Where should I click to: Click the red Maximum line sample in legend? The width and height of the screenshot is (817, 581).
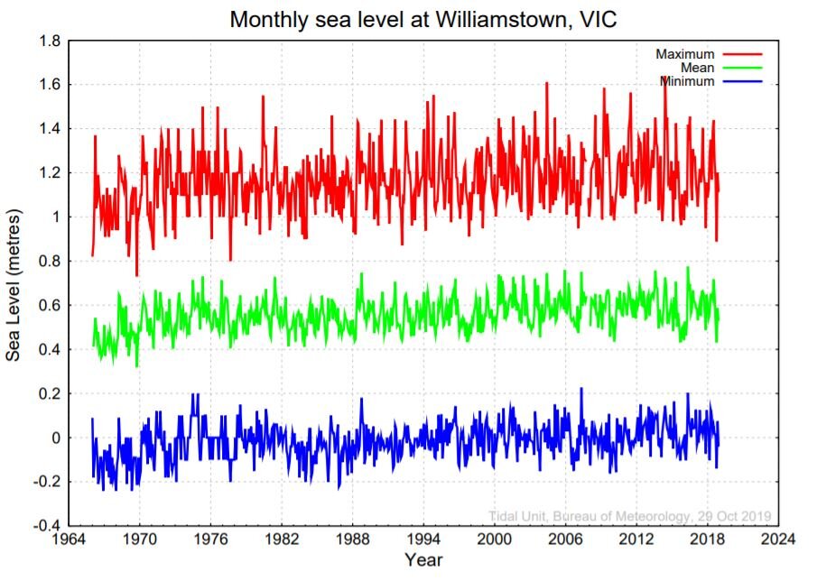tap(742, 54)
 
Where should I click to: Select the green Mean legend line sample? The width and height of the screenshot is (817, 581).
tap(742, 68)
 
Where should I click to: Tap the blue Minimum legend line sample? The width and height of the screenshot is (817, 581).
tap(742, 81)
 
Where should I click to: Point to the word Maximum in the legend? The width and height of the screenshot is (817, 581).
tap(684, 54)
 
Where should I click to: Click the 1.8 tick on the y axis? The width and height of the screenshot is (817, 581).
tap(50, 41)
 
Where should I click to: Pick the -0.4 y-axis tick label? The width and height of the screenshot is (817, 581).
tap(47, 526)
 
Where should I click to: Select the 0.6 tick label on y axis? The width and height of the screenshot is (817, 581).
tap(50, 305)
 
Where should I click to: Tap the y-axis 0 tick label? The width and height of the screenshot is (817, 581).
tap(56, 438)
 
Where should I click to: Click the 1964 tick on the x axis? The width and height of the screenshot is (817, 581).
tap(70, 539)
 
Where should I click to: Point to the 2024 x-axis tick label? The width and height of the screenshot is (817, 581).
tap(778, 539)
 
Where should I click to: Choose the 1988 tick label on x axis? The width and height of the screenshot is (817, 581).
tap(353, 539)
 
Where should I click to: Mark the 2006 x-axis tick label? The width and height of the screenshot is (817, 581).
tap(565, 539)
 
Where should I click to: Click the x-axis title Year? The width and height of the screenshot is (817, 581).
tap(423, 560)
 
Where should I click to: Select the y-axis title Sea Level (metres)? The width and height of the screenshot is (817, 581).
tap(13, 285)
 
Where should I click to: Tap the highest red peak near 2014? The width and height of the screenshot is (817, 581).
tap(664, 77)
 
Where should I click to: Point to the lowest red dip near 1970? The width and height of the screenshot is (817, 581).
tap(137, 275)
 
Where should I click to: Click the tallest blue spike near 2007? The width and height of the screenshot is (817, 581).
tap(581, 388)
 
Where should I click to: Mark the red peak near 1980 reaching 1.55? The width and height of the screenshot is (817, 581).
tap(263, 97)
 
